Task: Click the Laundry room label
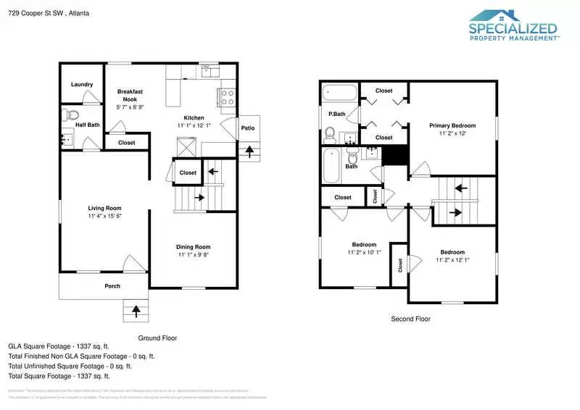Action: tap(82, 85)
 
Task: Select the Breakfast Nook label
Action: tap(130, 96)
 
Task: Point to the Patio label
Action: tap(247, 128)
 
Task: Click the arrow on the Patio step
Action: tap(251, 151)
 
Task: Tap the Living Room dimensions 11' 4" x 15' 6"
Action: tap(104, 216)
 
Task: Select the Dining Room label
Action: tap(194, 247)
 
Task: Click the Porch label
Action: tap(112, 286)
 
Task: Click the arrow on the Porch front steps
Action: tap(135, 311)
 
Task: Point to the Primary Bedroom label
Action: tap(453, 125)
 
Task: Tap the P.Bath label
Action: tap(336, 114)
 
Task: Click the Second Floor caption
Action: tap(410, 319)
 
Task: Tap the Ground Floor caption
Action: tap(157, 338)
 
